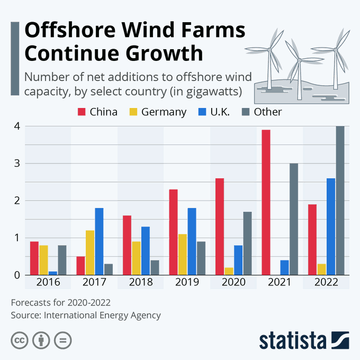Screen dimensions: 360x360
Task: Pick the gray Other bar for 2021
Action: (294, 219)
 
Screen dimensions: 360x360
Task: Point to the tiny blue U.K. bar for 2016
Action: (53, 273)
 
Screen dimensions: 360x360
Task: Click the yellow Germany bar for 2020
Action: (229, 271)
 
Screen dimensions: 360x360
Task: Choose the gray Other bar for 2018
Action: (155, 267)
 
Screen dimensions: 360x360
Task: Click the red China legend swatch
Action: (82, 112)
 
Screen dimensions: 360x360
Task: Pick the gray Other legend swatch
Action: (246, 112)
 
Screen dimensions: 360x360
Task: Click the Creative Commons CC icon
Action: (20, 340)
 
